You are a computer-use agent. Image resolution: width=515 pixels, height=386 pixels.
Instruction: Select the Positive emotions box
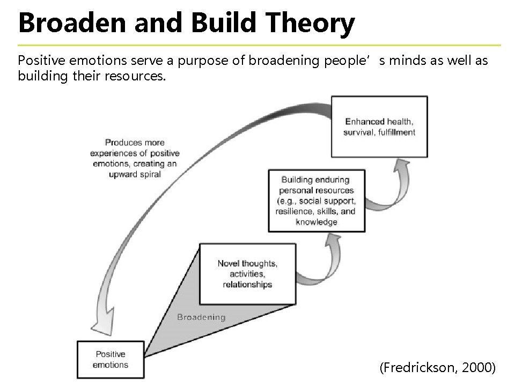click(x=111, y=359)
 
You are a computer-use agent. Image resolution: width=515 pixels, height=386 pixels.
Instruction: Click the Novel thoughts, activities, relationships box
click(x=247, y=273)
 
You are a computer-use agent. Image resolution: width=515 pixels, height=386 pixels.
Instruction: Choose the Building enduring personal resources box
click(x=317, y=201)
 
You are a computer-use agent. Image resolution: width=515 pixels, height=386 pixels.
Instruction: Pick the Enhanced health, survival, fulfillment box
click(x=379, y=127)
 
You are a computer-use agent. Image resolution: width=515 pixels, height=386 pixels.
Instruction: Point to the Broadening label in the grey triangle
click(x=201, y=317)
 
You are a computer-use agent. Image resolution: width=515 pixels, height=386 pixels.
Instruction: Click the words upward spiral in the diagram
click(x=135, y=174)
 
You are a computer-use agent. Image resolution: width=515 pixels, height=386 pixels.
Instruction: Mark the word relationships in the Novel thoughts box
click(x=247, y=284)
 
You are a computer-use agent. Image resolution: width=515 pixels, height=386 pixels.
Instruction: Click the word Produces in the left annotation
click(x=123, y=143)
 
